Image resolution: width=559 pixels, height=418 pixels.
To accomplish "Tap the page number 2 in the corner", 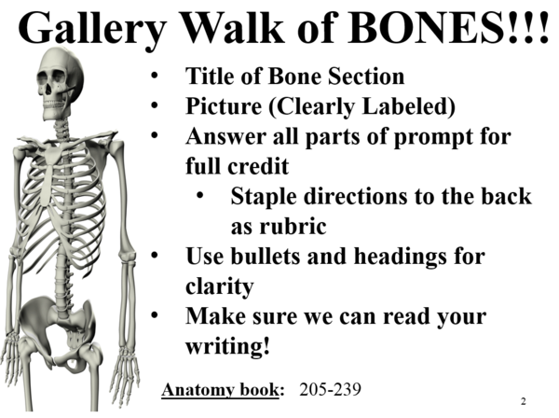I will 524,400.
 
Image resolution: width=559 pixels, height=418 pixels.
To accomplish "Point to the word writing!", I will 228,346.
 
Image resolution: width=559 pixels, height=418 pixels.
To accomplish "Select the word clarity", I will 219,286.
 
